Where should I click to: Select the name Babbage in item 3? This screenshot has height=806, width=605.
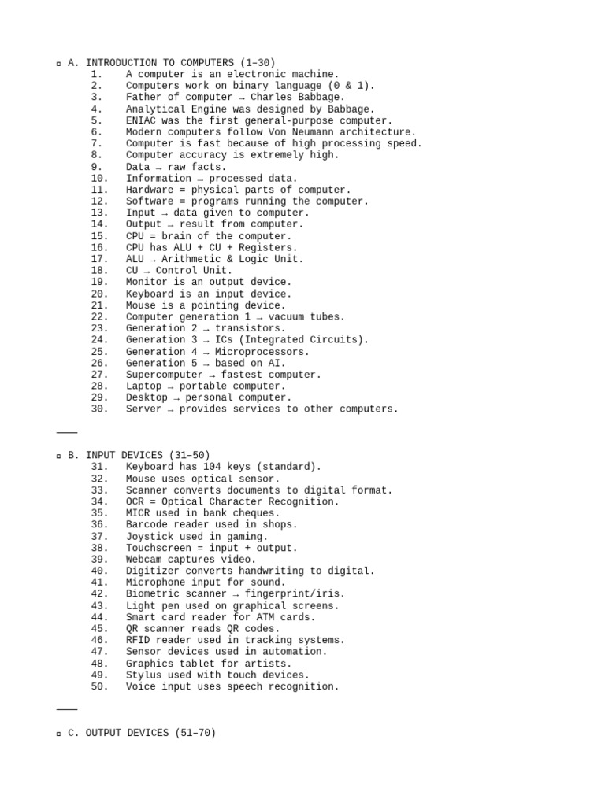click(324, 98)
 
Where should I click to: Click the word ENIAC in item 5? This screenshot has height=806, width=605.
click(140, 120)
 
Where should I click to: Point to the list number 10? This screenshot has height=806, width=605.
click(97, 178)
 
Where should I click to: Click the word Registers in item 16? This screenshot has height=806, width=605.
click(271, 247)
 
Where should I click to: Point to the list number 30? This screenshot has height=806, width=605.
click(97, 409)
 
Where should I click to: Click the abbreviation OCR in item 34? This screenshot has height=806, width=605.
click(135, 501)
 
